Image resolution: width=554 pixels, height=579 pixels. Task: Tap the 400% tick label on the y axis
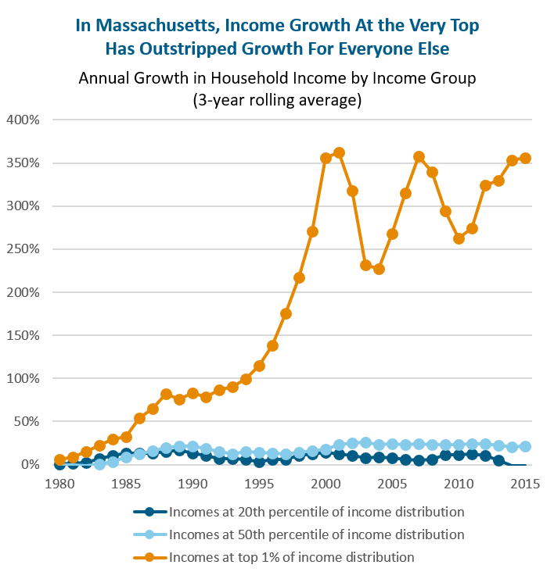pos(23,120)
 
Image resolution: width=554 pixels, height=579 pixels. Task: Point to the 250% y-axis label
pos(23,249)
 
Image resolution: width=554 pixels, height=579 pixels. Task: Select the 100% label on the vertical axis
pos(23,378)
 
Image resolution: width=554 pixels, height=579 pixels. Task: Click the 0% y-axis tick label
pos(30,464)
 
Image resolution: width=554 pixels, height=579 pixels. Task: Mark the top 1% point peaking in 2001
pos(339,153)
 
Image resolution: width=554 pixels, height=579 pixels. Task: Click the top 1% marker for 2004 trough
pos(379,269)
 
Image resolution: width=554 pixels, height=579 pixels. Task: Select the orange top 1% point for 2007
pos(419,157)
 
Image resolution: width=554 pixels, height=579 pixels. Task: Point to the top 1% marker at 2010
pos(459,238)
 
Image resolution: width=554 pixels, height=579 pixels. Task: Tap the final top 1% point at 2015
pos(525,158)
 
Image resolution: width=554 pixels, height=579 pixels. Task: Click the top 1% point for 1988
pos(166,395)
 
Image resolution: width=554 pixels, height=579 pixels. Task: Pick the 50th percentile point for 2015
pos(525,446)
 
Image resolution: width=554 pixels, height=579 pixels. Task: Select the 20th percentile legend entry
pos(317,513)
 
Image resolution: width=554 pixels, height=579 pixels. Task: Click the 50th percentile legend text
pos(317,535)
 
